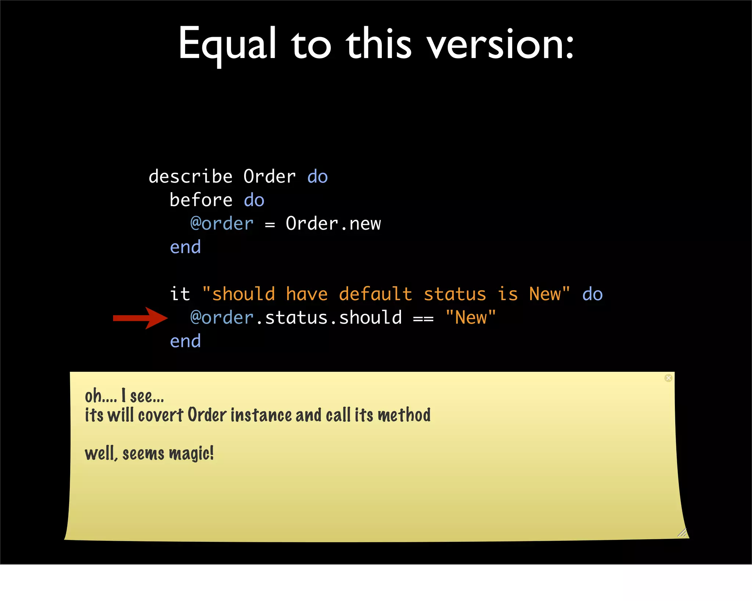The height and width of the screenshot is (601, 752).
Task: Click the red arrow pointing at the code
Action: click(140, 318)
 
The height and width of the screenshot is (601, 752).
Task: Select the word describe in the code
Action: click(190, 177)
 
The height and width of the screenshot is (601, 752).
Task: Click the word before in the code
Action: click(201, 200)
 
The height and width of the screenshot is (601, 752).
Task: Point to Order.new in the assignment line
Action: click(333, 224)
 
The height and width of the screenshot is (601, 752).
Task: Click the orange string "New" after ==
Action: click(470, 318)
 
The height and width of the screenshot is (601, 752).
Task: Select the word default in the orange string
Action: click(375, 294)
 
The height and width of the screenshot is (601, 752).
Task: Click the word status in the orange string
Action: click(455, 294)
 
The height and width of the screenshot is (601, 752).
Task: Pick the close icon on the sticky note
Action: click(668, 378)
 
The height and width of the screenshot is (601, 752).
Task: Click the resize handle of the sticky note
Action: click(682, 532)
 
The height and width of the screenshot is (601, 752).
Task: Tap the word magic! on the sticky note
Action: click(191, 453)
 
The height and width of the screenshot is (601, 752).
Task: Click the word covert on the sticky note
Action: click(160, 415)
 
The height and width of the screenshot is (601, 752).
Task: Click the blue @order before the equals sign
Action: click(222, 224)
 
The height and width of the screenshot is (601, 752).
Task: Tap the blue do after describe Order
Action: click(317, 177)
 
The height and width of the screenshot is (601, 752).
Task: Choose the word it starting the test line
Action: click(180, 294)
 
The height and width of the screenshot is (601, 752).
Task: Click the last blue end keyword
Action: click(185, 341)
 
